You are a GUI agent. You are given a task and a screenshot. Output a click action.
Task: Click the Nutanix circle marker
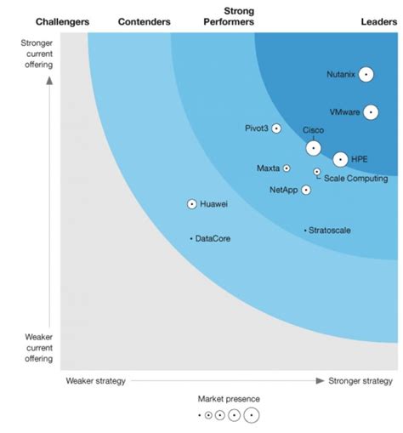[366, 75]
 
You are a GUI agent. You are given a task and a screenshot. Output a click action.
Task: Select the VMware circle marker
[370, 112]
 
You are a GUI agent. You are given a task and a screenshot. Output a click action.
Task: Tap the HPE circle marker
[340, 159]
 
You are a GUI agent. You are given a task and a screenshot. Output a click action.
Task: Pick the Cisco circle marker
[314, 147]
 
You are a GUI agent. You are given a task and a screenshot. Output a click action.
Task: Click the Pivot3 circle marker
[276, 128]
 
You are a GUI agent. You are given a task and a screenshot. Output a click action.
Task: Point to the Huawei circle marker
[192, 204]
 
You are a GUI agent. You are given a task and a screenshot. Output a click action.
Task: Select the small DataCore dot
[191, 239]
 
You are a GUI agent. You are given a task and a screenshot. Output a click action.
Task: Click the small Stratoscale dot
[305, 231]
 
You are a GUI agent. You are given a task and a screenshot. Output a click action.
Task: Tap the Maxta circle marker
[287, 168]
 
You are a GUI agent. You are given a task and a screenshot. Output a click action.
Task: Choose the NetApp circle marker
[306, 190]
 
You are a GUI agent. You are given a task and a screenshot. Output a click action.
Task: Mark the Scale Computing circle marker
[317, 172]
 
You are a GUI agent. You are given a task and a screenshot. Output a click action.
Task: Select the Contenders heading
[144, 21]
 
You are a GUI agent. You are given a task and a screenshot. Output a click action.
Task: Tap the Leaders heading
[372, 21]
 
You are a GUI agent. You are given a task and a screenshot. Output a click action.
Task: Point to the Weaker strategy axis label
[96, 381]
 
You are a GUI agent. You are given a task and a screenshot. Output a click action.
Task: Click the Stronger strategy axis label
[360, 381]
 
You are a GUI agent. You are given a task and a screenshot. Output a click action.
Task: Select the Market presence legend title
[229, 399]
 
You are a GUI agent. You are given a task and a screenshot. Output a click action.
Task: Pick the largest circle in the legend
[251, 415]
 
